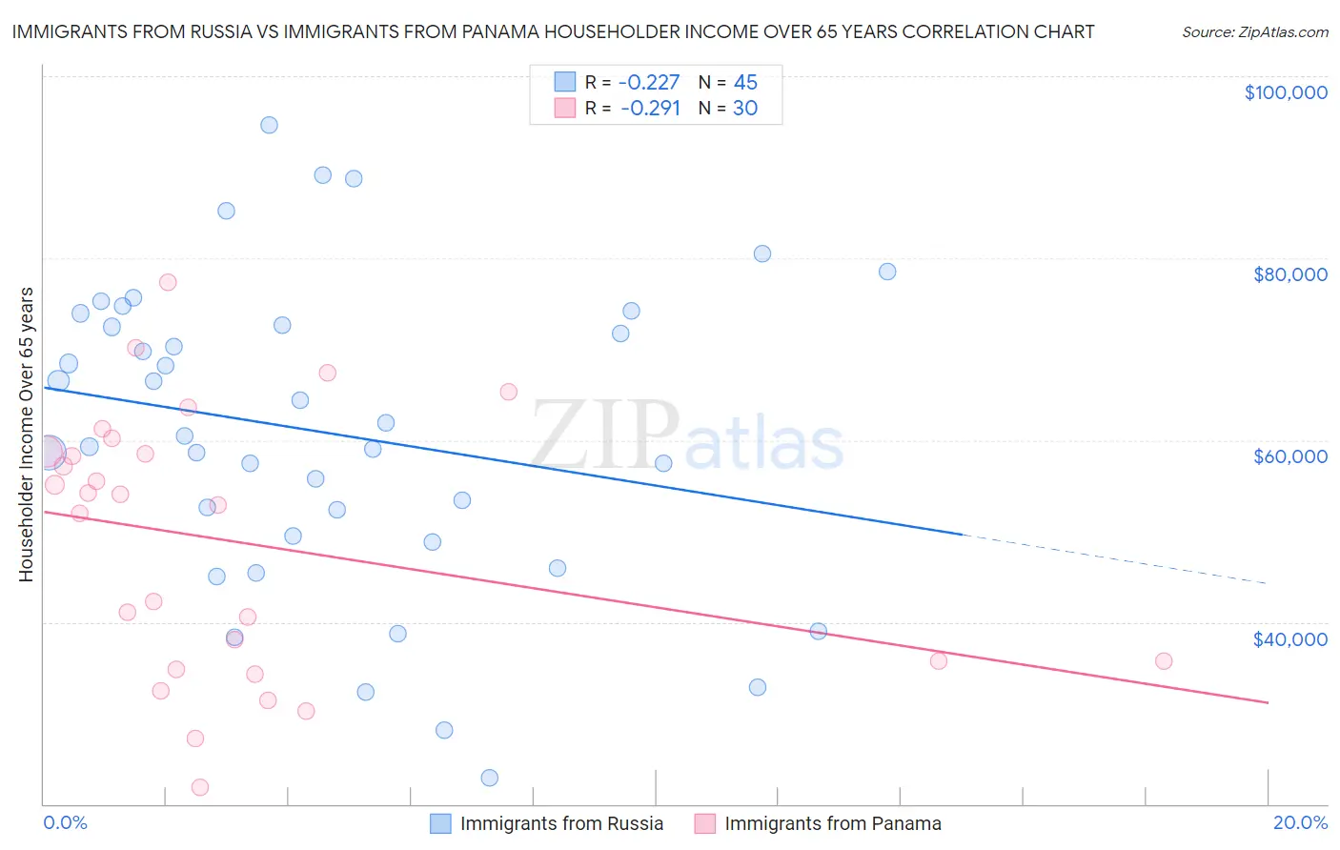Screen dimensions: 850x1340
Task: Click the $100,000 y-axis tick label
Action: tap(1286, 92)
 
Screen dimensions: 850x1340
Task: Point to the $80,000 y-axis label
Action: tap(1289, 274)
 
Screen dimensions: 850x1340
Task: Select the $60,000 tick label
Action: tap(1289, 456)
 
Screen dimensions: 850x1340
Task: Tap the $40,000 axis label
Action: tap(1289, 638)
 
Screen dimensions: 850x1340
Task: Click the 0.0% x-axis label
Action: tap(65, 822)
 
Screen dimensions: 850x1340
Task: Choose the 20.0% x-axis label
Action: tap(1300, 822)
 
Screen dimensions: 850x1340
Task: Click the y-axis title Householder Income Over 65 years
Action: tap(27, 434)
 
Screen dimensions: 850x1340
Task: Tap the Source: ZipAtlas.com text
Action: tap(1254, 32)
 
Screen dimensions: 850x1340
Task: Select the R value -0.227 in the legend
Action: tap(649, 83)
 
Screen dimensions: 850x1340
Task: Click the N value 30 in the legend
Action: tap(744, 109)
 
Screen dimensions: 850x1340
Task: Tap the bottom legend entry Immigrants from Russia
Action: tap(560, 823)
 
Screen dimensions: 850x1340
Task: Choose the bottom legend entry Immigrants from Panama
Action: tap(832, 823)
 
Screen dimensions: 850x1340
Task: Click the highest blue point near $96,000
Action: tap(269, 125)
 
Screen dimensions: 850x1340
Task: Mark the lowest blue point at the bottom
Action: tap(489, 778)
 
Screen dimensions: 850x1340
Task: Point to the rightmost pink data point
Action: tap(1163, 661)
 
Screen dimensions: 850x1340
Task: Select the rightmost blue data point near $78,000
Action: tap(886, 272)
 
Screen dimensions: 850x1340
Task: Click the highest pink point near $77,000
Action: tap(168, 282)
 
